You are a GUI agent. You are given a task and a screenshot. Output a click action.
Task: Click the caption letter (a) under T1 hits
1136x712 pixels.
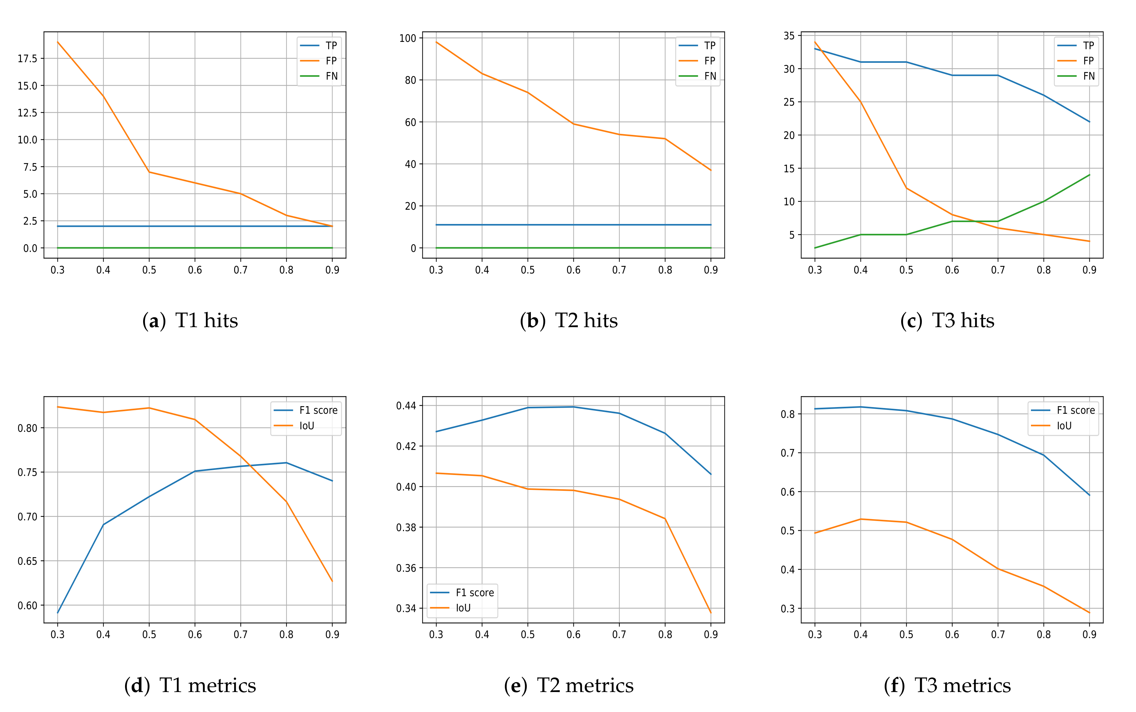(x=154, y=321)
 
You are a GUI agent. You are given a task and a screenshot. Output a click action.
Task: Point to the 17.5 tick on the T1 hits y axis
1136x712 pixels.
(x=27, y=58)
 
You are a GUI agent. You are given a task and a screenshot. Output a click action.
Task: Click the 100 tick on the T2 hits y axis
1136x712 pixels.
(x=407, y=38)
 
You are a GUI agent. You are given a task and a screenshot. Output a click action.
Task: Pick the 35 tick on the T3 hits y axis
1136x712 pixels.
(x=789, y=36)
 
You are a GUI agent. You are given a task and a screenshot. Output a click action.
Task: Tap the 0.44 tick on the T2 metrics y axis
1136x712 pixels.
(x=406, y=405)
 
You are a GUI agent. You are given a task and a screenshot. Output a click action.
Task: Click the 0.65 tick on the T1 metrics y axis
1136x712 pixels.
(x=27, y=561)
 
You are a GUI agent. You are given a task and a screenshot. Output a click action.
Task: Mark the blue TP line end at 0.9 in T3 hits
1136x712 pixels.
(x=1089, y=122)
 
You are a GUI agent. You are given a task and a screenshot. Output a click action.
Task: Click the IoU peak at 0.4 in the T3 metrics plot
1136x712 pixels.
(x=861, y=519)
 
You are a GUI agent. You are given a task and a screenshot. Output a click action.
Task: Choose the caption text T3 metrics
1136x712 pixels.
(x=962, y=686)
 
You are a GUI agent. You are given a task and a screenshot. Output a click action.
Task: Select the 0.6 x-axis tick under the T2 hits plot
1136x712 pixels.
(x=573, y=270)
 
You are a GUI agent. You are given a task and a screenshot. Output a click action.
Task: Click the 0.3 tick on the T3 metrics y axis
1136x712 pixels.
(x=788, y=608)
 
